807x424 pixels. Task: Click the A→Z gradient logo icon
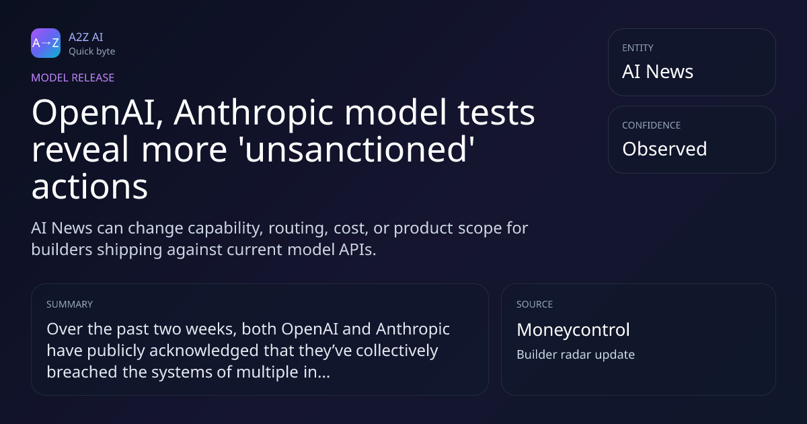point(46,43)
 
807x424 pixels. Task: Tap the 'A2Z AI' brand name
point(86,37)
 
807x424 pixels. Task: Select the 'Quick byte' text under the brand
point(92,52)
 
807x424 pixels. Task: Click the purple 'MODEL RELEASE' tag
point(73,77)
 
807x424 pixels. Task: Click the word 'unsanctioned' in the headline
point(356,149)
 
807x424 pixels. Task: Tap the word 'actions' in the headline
point(89,187)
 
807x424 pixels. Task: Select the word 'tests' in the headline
point(496,113)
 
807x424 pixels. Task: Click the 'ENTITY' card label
point(638,48)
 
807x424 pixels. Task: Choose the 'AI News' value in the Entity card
point(658,71)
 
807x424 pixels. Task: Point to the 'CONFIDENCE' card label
point(652,125)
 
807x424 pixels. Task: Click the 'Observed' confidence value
point(664,149)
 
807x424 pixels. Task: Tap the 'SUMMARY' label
point(69,304)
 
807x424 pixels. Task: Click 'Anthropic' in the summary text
point(413,329)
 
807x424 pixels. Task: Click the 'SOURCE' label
point(535,304)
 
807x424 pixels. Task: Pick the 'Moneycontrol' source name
point(573,330)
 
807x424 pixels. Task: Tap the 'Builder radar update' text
point(576,355)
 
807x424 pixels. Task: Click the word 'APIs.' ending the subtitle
point(357,250)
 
